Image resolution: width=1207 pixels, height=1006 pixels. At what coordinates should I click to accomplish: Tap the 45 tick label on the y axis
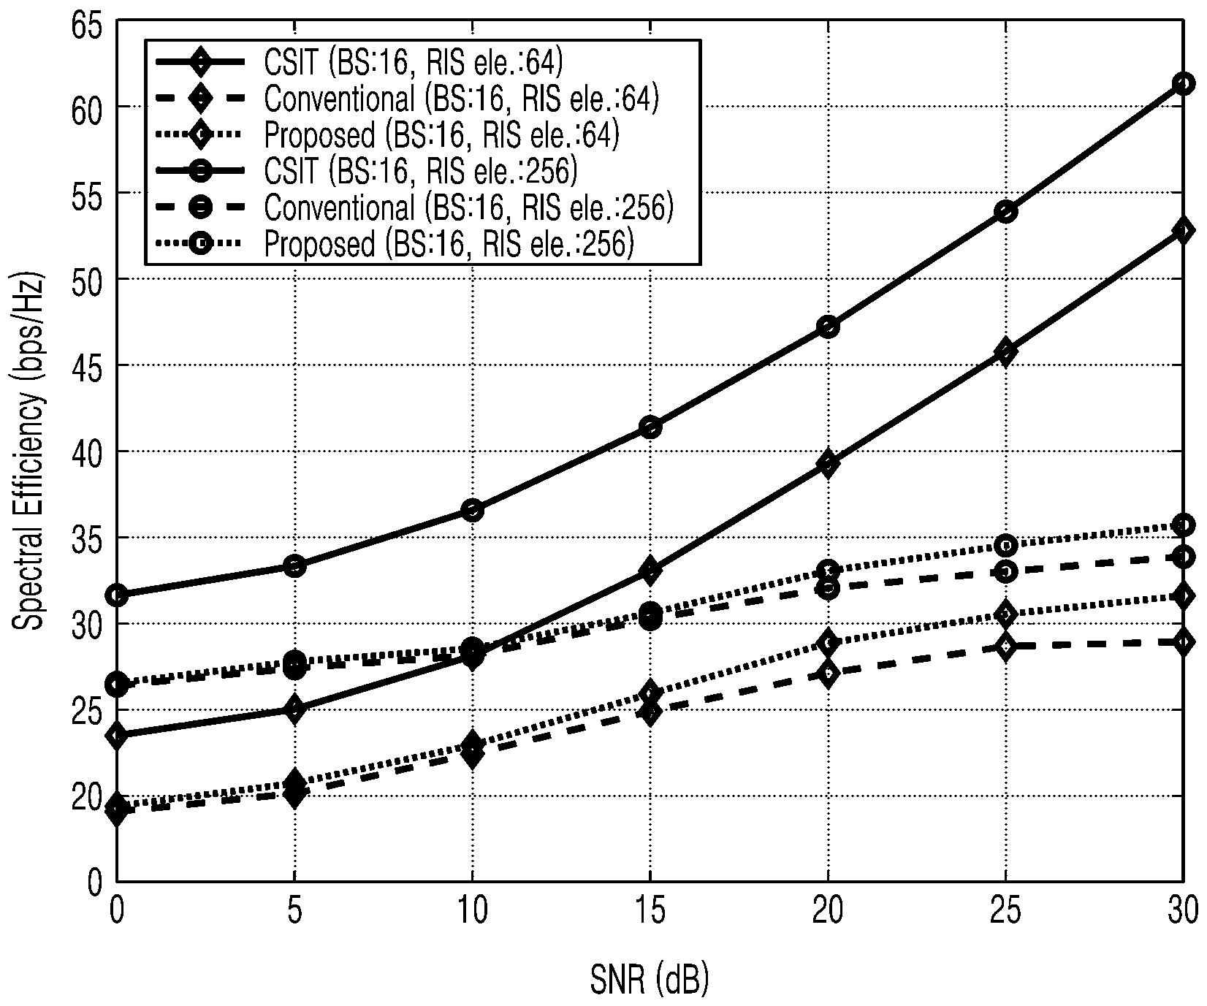click(x=88, y=365)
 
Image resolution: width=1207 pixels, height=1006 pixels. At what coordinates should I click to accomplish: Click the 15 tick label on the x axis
click(x=650, y=911)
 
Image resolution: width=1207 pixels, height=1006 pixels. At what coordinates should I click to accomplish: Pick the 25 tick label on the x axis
click(x=1006, y=911)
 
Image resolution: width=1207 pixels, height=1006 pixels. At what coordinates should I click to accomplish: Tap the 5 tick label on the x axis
click(x=294, y=911)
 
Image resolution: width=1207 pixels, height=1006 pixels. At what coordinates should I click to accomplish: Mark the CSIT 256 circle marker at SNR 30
click(x=1183, y=83)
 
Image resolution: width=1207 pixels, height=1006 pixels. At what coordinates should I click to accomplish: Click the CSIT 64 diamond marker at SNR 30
click(x=1183, y=232)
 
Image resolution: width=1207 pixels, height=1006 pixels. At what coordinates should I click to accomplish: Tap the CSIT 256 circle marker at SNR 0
click(x=117, y=595)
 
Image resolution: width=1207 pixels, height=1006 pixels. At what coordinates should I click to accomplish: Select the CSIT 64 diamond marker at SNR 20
click(x=828, y=463)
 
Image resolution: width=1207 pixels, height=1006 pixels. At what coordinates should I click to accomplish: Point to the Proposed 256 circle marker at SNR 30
click(x=1183, y=525)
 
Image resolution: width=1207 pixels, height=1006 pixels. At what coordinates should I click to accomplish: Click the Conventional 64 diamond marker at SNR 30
click(x=1183, y=642)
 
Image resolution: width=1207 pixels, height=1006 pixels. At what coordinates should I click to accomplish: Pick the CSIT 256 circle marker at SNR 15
click(x=650, y=427)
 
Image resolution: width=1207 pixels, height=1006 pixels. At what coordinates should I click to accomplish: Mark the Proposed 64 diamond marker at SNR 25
click(x=1006, y=614)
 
